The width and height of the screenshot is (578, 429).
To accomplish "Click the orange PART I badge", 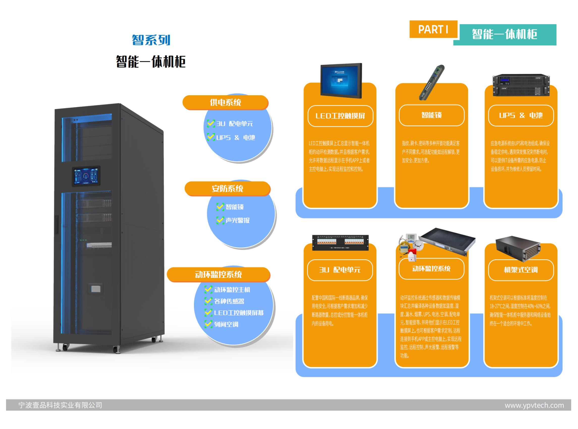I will pyautogui.click(x=433, y=29).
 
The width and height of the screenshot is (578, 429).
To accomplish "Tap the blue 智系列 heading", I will pyautogui.click(x=151, y=40).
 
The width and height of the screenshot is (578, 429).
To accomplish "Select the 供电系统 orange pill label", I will pyautogui.click(x=225, y=102).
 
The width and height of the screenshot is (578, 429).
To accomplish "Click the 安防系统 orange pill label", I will pyautogui.click(x=227, y=188).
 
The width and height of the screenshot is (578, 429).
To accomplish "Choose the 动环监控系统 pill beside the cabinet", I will pyautogui.click(x=218, y=274).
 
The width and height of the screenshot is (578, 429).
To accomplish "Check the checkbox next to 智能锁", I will pyautogui.click(x=220, y=207).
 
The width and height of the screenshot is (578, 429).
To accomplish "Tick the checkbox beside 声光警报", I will pyautogui.click(x=220, y=220).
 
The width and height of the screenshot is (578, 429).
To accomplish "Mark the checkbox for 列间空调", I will pyautogui.click(x=208, y=324).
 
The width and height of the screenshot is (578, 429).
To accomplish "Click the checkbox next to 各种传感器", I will pyautogui.click(x=208, y=301).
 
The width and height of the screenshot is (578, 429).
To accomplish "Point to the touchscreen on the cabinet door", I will pyautogui.click(x=86, y=176).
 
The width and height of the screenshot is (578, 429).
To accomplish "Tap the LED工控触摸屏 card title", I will pyautogui.click(x=340, y=116).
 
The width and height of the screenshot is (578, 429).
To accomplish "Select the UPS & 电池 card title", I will pyautogui.click(x=521, y=115).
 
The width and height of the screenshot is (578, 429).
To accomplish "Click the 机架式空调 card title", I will pyautogui.click(x=521, y=270).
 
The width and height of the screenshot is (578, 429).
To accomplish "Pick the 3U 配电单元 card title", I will pyautogui.click(x=340, y=270).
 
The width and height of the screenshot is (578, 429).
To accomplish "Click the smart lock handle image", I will pyautogui.click(x=431, y=82).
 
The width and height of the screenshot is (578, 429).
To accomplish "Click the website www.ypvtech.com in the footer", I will pyautogui.click(x=534, y=405).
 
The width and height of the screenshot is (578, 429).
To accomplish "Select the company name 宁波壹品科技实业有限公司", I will pyautogui.click(x=60, y=405).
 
